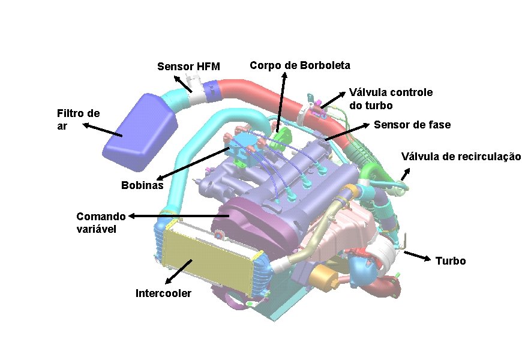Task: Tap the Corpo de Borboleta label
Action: (299, 65)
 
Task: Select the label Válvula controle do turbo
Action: (391, 99)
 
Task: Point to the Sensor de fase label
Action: (412, 125)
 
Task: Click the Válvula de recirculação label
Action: (461, 157)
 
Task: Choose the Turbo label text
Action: (451, 261)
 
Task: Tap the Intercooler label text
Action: (163, 293)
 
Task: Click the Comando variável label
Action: (101, 221)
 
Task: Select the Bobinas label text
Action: (142, 185)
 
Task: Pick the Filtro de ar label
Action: (77, 119)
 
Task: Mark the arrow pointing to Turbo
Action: (417, 256)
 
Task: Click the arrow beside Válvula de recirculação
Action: (406, 175)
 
